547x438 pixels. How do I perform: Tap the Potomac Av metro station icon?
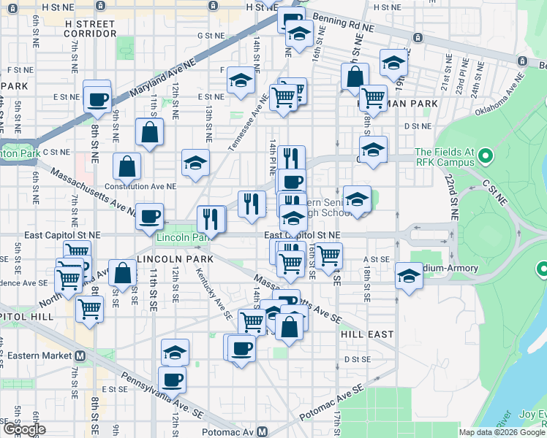pyautogui.click(x=269, y=431)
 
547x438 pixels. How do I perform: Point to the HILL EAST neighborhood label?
pyautogui.click(x=367, y=334)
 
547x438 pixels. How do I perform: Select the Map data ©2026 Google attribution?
pyautogui.click(x=501, y=432)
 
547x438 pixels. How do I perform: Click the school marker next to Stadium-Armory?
pyautogui.click(x=409, y=275)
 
